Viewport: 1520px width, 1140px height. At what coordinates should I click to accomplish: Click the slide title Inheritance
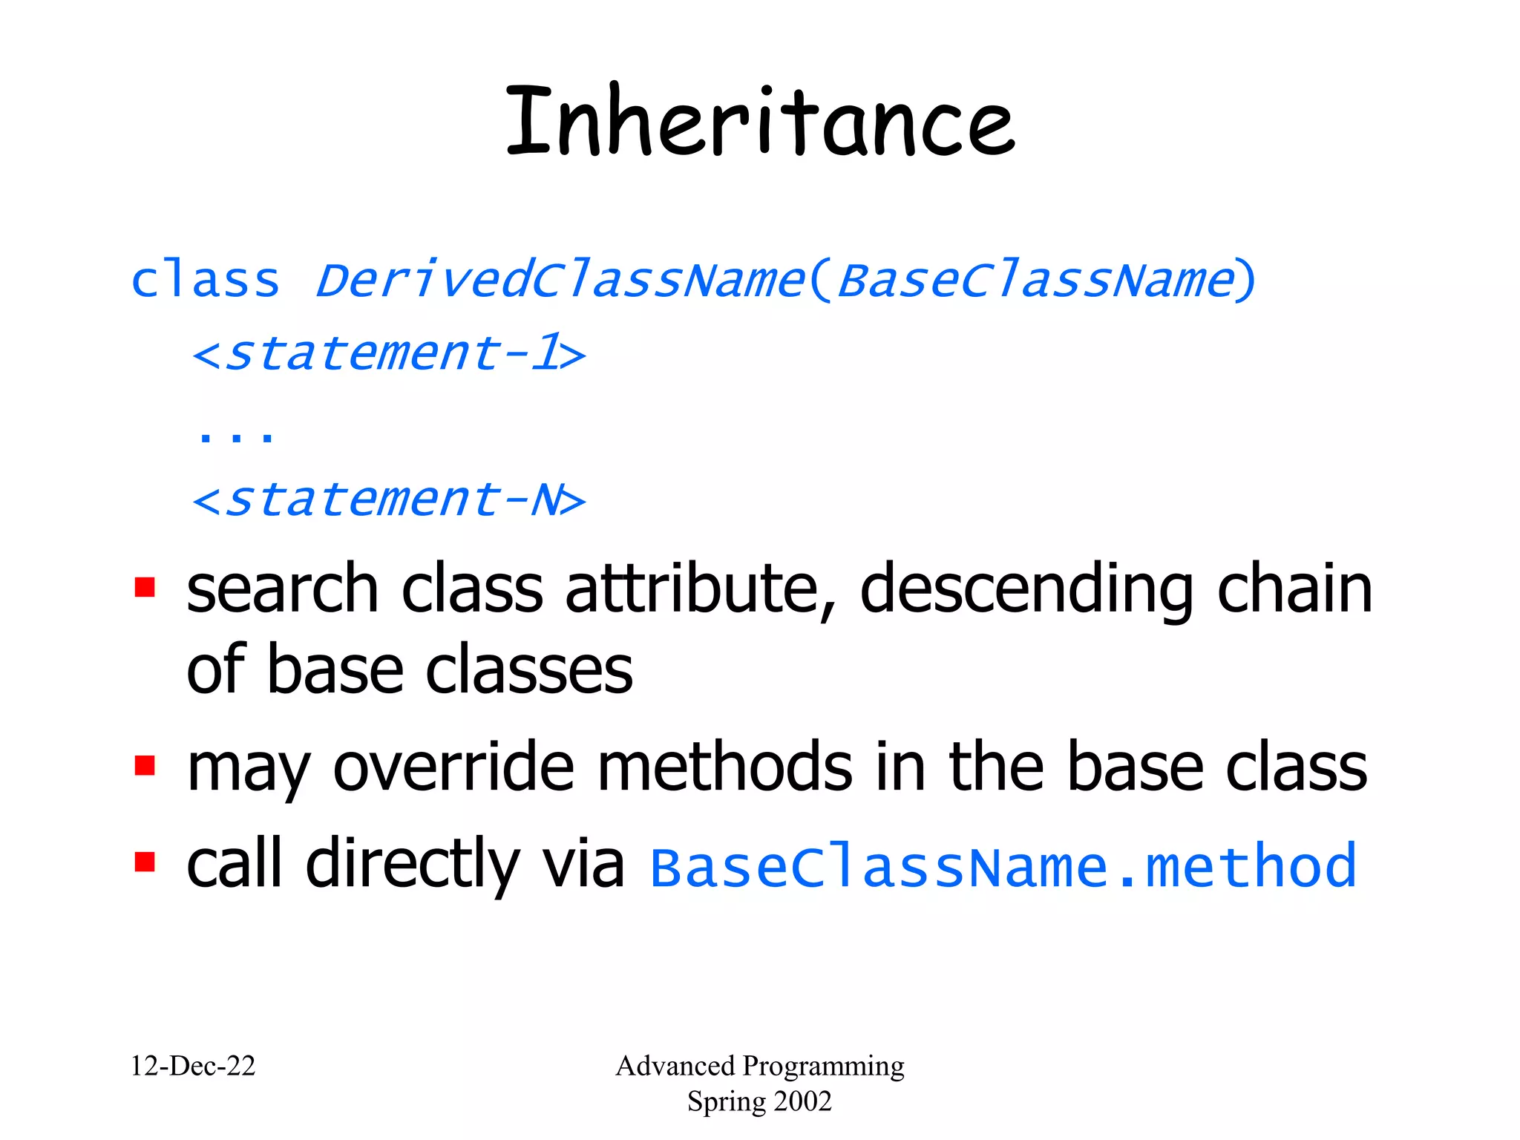pos(760,122)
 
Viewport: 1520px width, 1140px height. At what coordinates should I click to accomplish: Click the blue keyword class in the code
pos(206,281)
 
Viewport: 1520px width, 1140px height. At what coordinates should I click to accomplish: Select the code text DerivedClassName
pos(560,281)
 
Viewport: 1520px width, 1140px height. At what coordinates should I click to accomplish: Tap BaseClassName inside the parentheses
pos(1035,281)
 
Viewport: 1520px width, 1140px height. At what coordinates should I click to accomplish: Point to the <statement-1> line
pos(389,353)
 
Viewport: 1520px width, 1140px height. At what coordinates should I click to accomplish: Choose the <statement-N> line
pos(389,499)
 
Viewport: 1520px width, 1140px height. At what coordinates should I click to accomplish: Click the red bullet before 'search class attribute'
pos(145,588)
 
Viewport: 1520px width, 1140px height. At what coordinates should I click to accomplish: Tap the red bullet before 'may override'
pos(145,765)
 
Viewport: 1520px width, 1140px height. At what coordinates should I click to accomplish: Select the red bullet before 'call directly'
pos(145,862)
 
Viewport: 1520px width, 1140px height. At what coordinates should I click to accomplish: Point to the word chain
pos(1294,589)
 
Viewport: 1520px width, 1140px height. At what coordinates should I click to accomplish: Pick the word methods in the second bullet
pos(724,767)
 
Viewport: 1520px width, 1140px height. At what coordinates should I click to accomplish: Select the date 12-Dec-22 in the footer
pos(193,1067)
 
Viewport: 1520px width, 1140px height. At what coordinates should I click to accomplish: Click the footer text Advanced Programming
pos(760,1067)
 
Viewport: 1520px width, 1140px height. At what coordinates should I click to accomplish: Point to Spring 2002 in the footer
pos(759,1101)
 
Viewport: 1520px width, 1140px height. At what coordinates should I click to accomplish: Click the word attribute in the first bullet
pos(692,589)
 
